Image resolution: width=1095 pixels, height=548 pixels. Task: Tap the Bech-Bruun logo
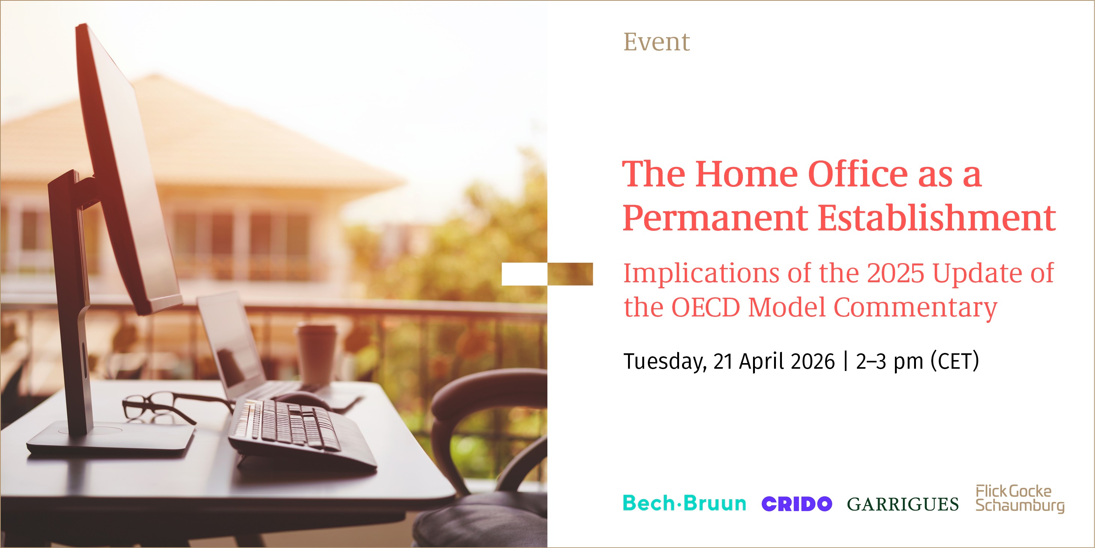tap(684, 503)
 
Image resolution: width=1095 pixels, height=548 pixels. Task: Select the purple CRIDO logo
tap(797, 504)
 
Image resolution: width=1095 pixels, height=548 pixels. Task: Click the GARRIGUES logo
tap(903, 504)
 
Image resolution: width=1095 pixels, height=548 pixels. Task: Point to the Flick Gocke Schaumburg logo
tap(1020, 498)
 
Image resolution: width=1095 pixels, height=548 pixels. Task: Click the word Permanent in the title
tap(715, 218)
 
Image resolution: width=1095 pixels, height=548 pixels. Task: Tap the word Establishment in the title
tap(937, 218)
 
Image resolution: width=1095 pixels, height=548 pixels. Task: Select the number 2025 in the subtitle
tap(895, 273)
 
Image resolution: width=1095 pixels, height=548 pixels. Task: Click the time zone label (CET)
tap(955, 361)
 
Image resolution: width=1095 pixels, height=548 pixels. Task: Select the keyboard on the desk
tap(298, 430)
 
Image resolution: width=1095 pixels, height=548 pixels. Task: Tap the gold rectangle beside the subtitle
tap(570, 274)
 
